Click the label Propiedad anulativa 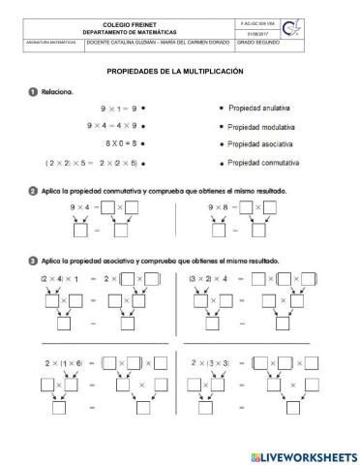pos(265,108)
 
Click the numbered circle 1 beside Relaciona pos(32,92)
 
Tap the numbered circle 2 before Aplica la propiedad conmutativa pos(32,191)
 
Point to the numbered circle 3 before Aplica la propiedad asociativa pos(32,261)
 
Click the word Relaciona pos(62,92)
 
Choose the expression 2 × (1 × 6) pos(61,365)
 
